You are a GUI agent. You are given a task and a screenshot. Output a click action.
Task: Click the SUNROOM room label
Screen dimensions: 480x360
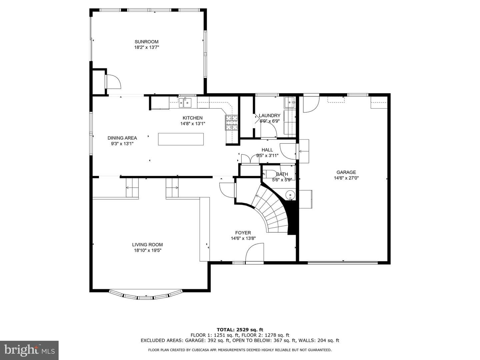pos(146,42)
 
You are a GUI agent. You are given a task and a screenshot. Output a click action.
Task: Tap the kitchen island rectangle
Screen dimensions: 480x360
pos(181,139)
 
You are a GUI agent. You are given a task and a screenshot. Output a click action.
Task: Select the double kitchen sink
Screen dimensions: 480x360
pos(185,103)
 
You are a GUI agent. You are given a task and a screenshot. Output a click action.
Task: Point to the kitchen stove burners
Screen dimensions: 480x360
pos(232,123)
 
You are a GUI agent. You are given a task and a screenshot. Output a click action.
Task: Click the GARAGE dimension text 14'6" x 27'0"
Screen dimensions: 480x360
pos(346,178)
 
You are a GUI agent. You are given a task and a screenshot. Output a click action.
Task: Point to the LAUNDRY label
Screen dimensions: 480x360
pos(269,116)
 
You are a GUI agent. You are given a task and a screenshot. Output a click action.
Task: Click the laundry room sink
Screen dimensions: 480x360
pos(290,102)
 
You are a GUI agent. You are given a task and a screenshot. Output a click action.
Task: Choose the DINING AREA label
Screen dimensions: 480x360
pos(122,138)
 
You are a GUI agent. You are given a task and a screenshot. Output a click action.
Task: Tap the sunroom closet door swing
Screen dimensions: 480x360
pos(113,82)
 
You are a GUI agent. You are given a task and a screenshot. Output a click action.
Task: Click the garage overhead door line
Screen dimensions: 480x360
pos(343,263)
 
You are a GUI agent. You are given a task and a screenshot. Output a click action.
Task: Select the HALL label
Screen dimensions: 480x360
pos(267,150)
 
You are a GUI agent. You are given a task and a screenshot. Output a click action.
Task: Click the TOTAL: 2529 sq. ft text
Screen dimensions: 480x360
pos(240,330)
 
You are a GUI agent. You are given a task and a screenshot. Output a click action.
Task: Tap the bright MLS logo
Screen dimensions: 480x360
pos(29,350)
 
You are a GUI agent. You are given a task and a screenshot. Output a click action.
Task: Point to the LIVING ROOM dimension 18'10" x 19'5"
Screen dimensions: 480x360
pos(148,250)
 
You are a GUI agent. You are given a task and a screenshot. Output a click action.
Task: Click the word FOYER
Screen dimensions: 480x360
pos(243,233)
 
